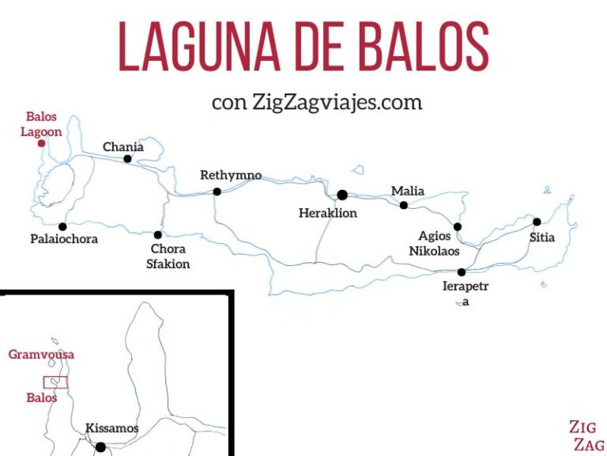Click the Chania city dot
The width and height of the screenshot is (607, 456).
[127, 158]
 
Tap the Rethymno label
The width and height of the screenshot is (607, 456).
[231, 175]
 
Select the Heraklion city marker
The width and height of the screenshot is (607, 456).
[342, 195]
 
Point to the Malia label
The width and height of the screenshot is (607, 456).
[408, 191]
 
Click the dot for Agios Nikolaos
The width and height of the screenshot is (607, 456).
[457, 226]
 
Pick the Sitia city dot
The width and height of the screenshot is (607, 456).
[537, 222]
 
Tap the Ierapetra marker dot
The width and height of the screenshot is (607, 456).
[462, 272]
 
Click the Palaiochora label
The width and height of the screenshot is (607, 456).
[65, 238]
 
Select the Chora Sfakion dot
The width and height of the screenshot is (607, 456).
[158, 234]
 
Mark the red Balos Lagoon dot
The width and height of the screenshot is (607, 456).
[41, 143]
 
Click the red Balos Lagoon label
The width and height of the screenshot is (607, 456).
[41, 124]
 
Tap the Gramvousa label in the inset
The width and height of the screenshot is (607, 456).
[41, 354]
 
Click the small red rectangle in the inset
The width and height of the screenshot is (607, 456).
[55, 382]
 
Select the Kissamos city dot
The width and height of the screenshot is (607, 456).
[100, 447]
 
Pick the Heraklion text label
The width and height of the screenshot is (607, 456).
[328, 213]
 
